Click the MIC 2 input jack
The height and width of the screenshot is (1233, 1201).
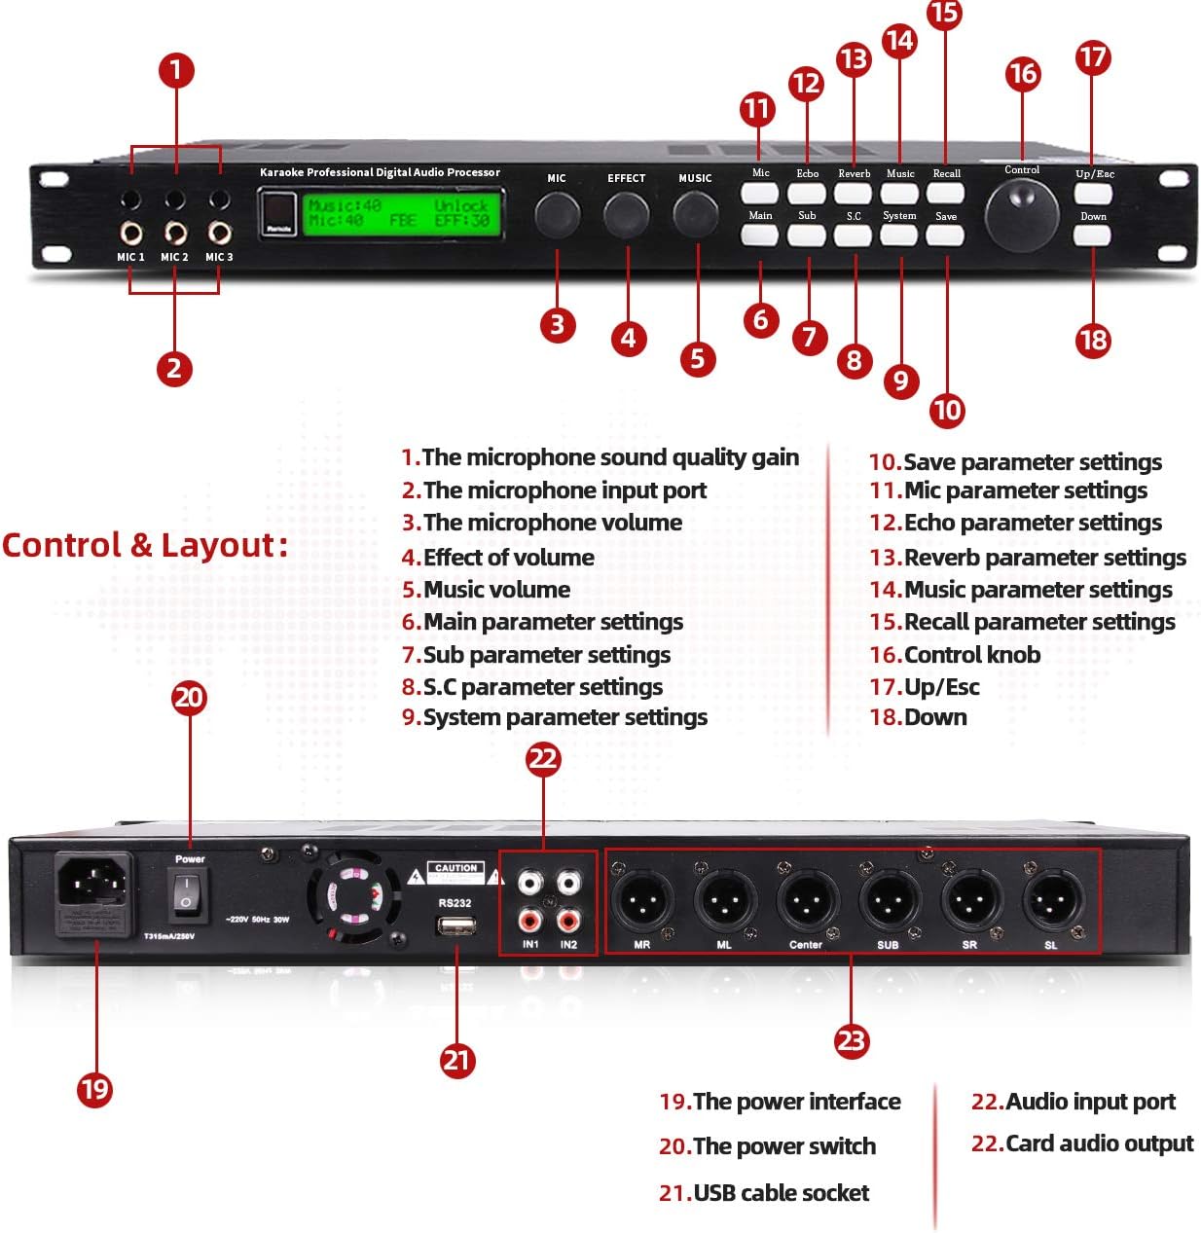pos(175,234)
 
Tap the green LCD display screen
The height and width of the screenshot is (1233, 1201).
pos(402,213)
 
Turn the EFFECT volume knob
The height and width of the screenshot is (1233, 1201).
pos(626,214)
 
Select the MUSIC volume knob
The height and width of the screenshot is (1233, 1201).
pos(695,213)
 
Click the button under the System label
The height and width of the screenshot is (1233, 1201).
pos(899,235)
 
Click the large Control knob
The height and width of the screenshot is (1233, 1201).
pos(1021,212)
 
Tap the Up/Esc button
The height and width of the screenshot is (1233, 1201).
pos(1093,193)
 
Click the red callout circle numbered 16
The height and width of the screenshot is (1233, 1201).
pos(1022,74)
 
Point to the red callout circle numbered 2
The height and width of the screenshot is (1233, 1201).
pos(174,368)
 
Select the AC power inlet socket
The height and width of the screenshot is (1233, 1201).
pos(93,888)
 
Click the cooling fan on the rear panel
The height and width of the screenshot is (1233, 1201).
pos(354,895)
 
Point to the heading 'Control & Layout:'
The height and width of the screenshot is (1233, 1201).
pos(145,545)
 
